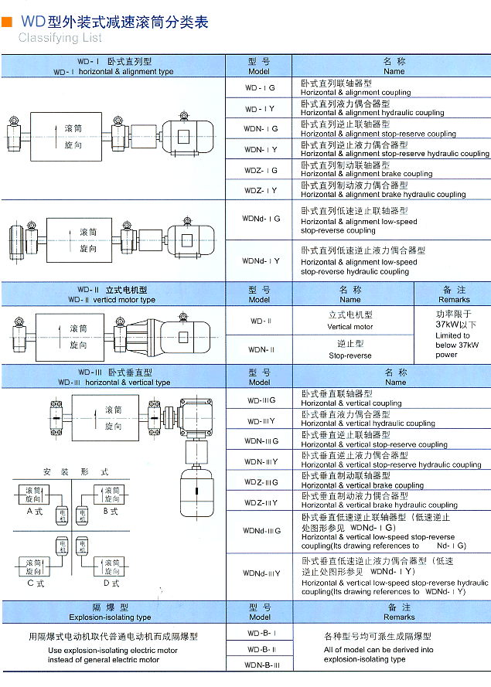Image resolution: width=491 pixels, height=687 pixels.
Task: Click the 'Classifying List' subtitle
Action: (x=60, y=37)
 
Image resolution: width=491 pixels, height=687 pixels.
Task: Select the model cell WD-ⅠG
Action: (x=260, y=88)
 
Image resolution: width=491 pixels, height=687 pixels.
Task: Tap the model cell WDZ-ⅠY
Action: (x=260, y=190)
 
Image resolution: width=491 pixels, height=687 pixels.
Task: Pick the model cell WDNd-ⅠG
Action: (x=260, y=219)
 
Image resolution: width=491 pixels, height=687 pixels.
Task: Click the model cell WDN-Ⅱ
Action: (x=260, y=349)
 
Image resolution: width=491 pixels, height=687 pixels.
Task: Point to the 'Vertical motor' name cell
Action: (x=350, y=321)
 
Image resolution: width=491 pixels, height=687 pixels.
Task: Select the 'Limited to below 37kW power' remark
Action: (x=452, y=335)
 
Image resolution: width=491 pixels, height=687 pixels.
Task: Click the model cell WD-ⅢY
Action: (x=260, y=421)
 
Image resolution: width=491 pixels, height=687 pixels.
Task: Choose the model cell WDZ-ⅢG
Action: (x=260, y=482)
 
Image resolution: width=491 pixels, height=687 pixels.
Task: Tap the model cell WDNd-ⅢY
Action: (x=260, y=573)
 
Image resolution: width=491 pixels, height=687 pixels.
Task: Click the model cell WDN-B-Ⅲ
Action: (x=260, y=665)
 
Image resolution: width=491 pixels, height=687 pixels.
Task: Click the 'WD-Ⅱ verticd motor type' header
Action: (x=111, y=294)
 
